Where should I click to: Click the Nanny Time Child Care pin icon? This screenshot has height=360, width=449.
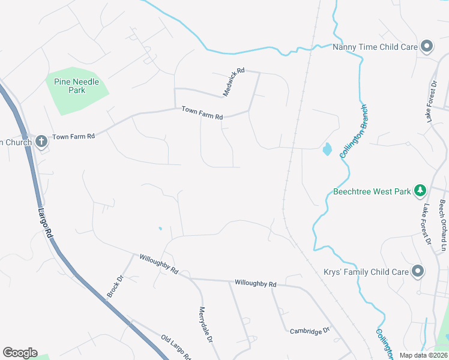tap(427, 46)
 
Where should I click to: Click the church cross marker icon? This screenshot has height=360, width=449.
tap(41, 142)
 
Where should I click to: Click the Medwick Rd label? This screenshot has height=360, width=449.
tap(234, 82)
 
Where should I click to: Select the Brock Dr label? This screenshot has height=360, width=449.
tap(115, 287)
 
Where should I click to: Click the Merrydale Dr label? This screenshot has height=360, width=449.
tap(206, 325)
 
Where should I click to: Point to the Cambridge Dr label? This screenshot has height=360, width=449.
tap(310, 331)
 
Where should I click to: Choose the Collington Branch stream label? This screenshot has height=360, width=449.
tap(353, 131)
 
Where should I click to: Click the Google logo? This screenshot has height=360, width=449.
tap(20, 353)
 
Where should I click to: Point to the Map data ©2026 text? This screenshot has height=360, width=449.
tap(423, 355)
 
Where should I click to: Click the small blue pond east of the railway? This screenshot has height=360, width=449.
tap(327, 149)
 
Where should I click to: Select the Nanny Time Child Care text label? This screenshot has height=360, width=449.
tap(375, 46)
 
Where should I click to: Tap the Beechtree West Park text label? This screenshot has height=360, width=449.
tap(372, 192)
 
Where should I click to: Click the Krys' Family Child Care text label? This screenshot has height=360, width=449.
tap(367, 272)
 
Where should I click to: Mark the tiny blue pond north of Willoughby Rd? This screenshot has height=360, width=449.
tap(160, 229)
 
